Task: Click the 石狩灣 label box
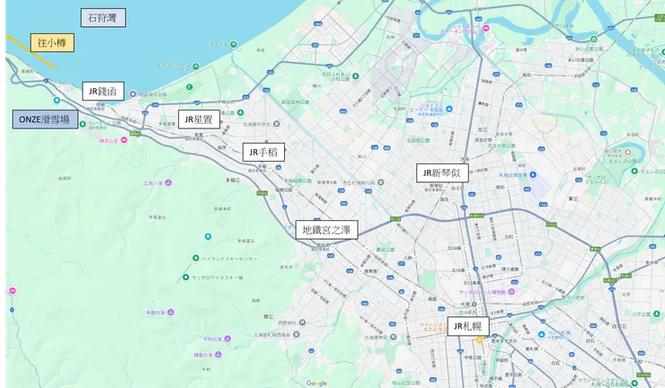(x=102, y=17)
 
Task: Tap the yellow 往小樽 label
(x=51, y=42)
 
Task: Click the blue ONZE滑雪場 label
(x=44, y=119)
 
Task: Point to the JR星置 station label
(x=197, y=119)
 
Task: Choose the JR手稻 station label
(x=263, y=152)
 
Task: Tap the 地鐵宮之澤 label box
(x=327, y=230)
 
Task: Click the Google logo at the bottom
(x=316, y=383)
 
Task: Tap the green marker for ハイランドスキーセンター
(x=195, y=258)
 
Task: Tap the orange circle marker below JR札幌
(x=480, y=339)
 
